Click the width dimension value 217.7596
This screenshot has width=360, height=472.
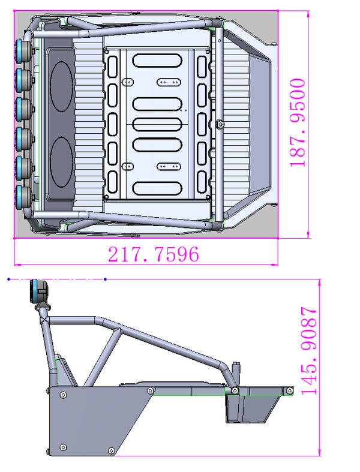pyautogui.click(x=153, y=254)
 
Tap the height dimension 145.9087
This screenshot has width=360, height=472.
pyautogui.click(x=310, y=351)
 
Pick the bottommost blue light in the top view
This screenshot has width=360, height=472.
pyautogui.click(x=25, y=195)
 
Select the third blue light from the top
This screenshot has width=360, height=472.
pyautogui.click(x=25, y=108)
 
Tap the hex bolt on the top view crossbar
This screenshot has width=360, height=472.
pyautogui.click(x=220, y=124)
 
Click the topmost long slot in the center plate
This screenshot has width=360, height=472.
pyautogui.click(x=158, y=61)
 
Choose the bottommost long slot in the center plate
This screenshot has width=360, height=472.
pyautogui.click(x=158, y=188)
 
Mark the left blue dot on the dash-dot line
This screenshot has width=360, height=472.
pyautogui.click(x=8, y=279)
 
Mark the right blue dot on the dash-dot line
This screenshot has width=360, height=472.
pyautogui.click(x=106, y=279)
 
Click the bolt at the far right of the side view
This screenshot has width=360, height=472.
pyautogui.click(x=289, y=390)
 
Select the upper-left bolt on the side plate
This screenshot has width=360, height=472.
pyautogui.click(x=62, y=394)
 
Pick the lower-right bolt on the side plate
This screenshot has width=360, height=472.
pyautogui.click(x=110, y=450)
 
